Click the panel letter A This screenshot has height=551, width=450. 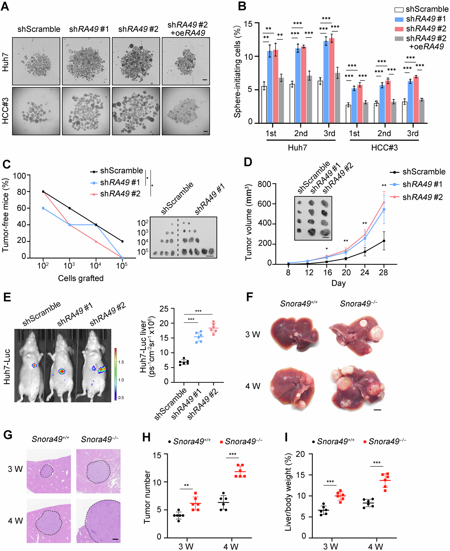5,6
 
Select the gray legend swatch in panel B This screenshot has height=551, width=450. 399,39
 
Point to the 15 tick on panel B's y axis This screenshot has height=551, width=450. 248,24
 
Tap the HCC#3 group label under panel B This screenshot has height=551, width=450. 384,148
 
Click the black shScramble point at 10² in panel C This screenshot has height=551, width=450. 43,192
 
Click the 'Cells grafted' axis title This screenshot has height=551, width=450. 81,278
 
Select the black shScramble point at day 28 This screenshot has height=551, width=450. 384,241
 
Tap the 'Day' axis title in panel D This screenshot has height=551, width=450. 338,283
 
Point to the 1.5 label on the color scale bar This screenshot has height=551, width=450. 121,362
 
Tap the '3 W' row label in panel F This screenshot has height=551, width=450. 253,334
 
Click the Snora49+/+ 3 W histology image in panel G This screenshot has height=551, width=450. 49,471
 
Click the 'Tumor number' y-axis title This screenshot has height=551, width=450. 147,497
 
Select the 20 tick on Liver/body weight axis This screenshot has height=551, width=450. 301,454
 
